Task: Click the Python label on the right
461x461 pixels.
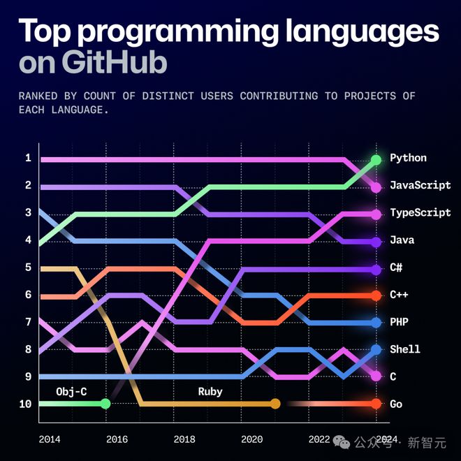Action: [408, 159]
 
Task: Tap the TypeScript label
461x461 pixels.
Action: [420, 213]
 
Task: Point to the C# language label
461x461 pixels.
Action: [396, 268]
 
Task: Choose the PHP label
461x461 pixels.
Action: [399, 323]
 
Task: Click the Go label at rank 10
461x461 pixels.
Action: [396, 404]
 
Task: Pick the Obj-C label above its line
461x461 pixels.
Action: [71, 392]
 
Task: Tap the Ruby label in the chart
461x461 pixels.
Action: [210, 392]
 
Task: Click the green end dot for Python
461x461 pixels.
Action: [376, 160]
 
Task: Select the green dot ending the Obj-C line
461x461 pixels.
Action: [105, 404]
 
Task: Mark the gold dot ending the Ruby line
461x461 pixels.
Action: [275, 404]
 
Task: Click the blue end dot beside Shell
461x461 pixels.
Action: [376, 349]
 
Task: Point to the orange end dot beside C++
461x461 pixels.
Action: [376, 295]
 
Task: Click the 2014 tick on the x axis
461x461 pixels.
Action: [49, 439]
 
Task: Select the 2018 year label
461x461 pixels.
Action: [184, 439]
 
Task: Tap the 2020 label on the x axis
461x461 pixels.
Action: [251, 439]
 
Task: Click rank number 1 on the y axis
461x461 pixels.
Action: [28, 159]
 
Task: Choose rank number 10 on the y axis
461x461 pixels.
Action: [26, 404]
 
